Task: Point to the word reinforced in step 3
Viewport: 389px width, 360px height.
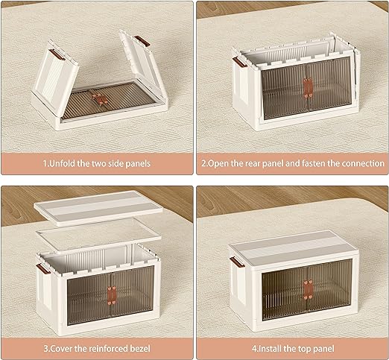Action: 109,348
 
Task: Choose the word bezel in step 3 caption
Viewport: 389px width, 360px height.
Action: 140,348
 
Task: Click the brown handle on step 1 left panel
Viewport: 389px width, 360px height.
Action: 57,54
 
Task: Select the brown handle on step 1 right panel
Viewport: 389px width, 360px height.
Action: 142,41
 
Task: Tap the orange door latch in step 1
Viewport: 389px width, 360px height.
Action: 100,99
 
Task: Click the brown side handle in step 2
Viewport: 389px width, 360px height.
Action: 240,62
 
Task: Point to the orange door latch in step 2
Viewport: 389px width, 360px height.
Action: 308,88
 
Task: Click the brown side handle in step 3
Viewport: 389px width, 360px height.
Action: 43,269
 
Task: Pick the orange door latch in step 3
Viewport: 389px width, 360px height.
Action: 112,295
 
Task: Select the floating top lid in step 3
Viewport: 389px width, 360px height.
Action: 98,208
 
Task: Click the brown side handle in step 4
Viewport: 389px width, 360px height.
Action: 237,262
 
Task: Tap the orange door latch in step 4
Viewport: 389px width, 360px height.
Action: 308,289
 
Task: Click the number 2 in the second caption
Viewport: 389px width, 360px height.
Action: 203,164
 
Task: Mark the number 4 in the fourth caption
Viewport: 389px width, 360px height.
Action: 254,349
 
